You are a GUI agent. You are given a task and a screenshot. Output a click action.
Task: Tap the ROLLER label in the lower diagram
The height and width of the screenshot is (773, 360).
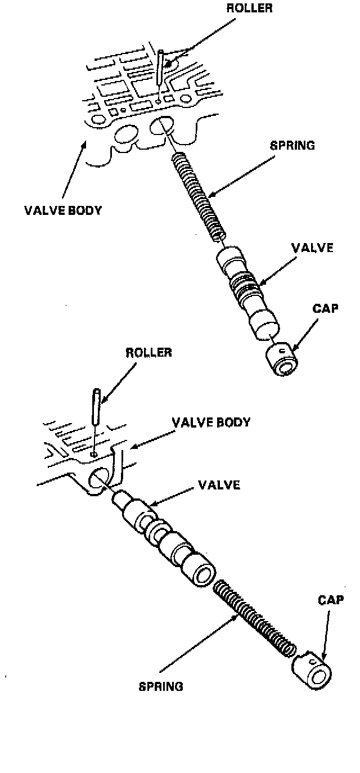point(148,353)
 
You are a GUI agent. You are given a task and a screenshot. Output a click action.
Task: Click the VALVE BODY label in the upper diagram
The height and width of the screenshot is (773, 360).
point(63,211)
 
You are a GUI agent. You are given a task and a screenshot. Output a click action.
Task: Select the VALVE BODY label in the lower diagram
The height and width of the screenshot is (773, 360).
point(211,422)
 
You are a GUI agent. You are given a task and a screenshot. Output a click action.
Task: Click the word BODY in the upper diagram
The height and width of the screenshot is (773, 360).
point(83,211)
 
